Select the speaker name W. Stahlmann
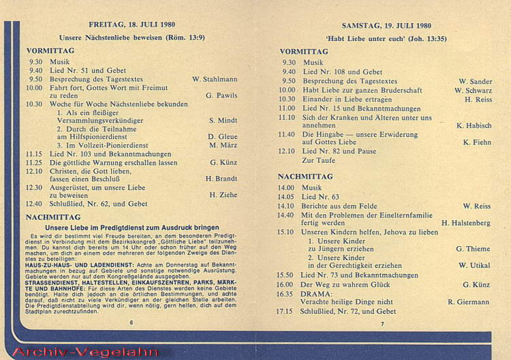(215, 79)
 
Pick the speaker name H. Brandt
(221, 178)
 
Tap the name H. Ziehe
(223, 194)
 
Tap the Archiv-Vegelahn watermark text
(86, 352)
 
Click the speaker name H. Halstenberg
(467, 222)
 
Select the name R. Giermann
(470, 301)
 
